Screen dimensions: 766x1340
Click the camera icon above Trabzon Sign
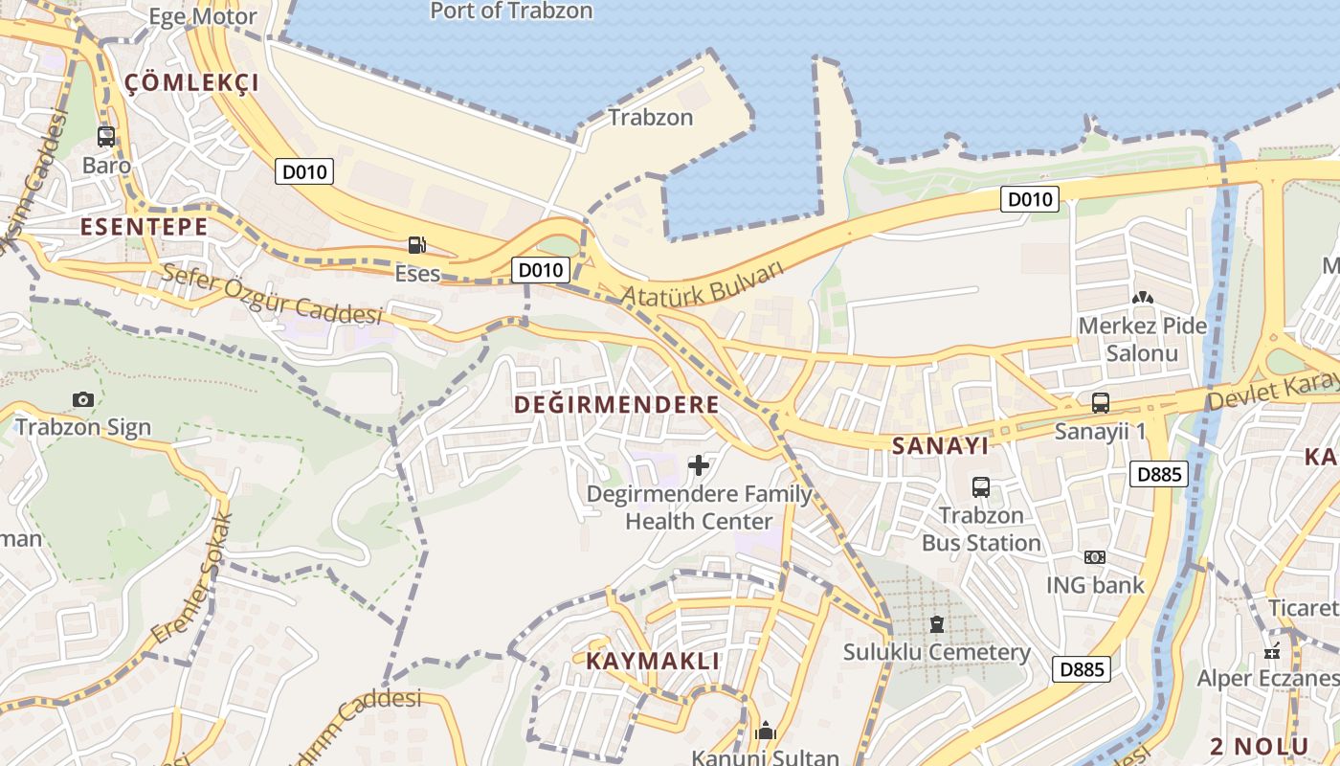click(x=83, y=399)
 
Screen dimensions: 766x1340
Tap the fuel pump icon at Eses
click(x=416, y=245)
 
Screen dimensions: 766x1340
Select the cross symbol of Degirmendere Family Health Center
click(x=699, y=466)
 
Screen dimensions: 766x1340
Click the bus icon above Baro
click(x=106, y=137)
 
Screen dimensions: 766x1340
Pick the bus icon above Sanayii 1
click(x=1100, y=403)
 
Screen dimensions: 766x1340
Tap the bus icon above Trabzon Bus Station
click(x=981, y=487)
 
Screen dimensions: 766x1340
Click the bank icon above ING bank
click(x=1094, y=557)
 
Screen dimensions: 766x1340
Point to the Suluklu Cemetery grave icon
click(x=936, y=625)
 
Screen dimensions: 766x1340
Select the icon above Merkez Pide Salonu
click(x=1142, y=299)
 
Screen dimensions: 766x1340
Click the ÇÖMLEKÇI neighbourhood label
click(x=192, y=83)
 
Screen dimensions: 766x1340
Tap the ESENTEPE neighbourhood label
click(x=145, y=227)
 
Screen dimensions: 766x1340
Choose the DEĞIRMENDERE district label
click(x=616, y=405)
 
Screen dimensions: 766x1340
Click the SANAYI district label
click(x=940, y=446)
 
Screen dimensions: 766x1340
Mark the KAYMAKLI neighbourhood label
click(x=653, y=662)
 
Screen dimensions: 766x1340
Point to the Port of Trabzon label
click(x=511, y=11)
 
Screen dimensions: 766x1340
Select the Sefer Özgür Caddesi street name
click(x=272, y=294)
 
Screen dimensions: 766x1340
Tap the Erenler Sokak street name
click(x=192, y=577)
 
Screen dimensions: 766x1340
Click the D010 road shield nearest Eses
click(x=540, y=270)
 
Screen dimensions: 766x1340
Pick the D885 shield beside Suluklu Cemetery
click(x=1083, y=669)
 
